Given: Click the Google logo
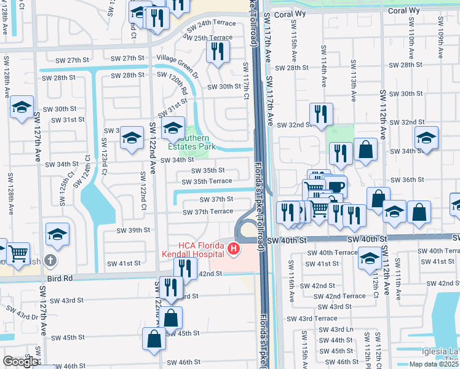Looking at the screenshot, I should [21, 362].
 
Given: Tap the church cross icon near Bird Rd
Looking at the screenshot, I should [50, 260].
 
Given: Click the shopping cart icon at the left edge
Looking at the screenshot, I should [18, 251].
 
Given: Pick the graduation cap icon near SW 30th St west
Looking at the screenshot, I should [22, 108].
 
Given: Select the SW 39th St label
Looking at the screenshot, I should [134, 230].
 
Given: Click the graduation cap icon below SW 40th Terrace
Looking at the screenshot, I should [370, 258].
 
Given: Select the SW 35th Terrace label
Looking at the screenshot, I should [212, 181].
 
